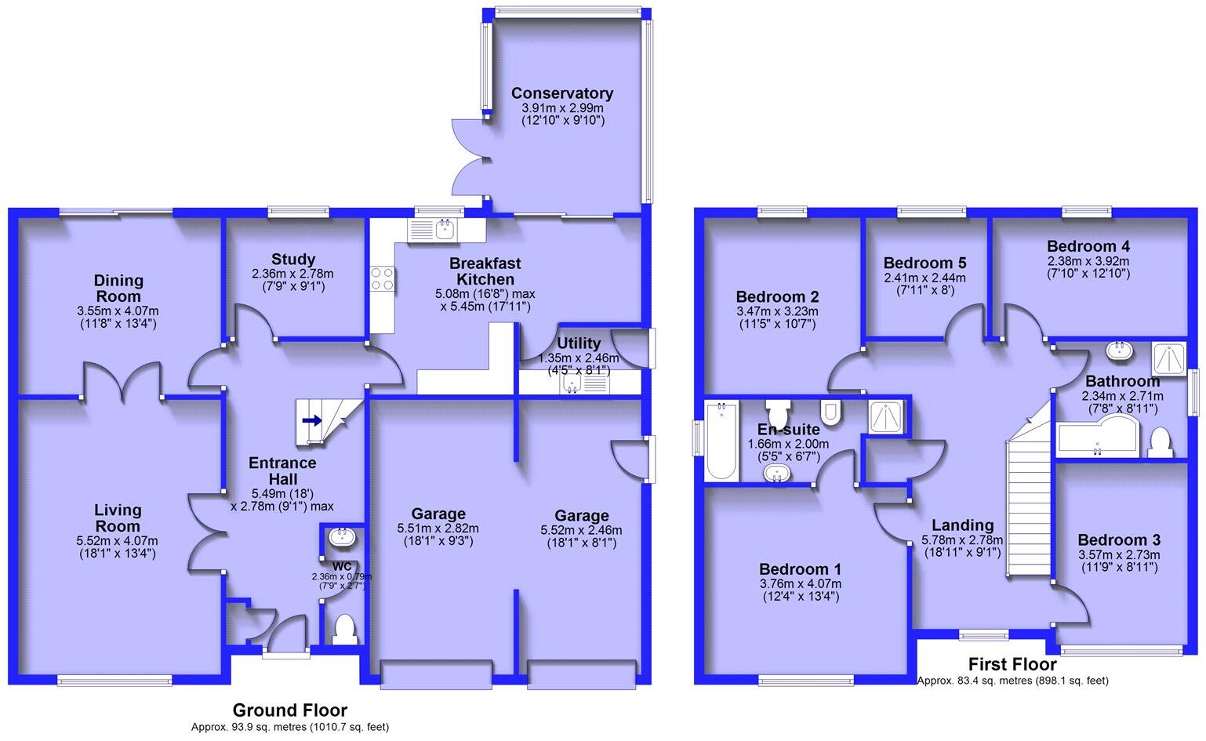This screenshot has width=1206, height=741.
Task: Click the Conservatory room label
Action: pos(561,93)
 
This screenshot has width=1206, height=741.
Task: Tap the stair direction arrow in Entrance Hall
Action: pos(311,420)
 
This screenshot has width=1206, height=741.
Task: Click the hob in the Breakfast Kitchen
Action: pos(383,278)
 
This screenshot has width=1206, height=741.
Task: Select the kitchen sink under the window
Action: pos(445,230)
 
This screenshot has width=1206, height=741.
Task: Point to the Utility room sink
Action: pos(573,384)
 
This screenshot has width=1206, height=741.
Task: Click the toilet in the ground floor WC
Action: pos(343,629)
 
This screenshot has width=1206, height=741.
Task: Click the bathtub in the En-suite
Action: pos(721,441)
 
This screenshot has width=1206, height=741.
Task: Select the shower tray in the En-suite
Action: pos(887,416)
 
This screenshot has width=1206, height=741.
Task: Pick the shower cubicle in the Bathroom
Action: pos(1169,358)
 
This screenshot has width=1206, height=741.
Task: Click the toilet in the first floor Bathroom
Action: pos(1160,441)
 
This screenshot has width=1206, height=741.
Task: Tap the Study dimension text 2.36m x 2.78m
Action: pos(292,274)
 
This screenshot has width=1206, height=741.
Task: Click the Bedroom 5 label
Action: pos(924,263)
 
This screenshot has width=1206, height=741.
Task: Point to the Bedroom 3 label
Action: pos(1119,539)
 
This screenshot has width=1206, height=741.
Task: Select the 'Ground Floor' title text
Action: pos(289,710)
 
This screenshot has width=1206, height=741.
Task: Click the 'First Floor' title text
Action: pos(1012,664)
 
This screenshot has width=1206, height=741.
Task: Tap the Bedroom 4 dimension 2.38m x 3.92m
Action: pos(1088,261)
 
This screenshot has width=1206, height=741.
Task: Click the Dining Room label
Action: pos(118,288)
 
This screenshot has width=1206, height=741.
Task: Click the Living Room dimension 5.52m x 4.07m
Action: pos(117,540)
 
